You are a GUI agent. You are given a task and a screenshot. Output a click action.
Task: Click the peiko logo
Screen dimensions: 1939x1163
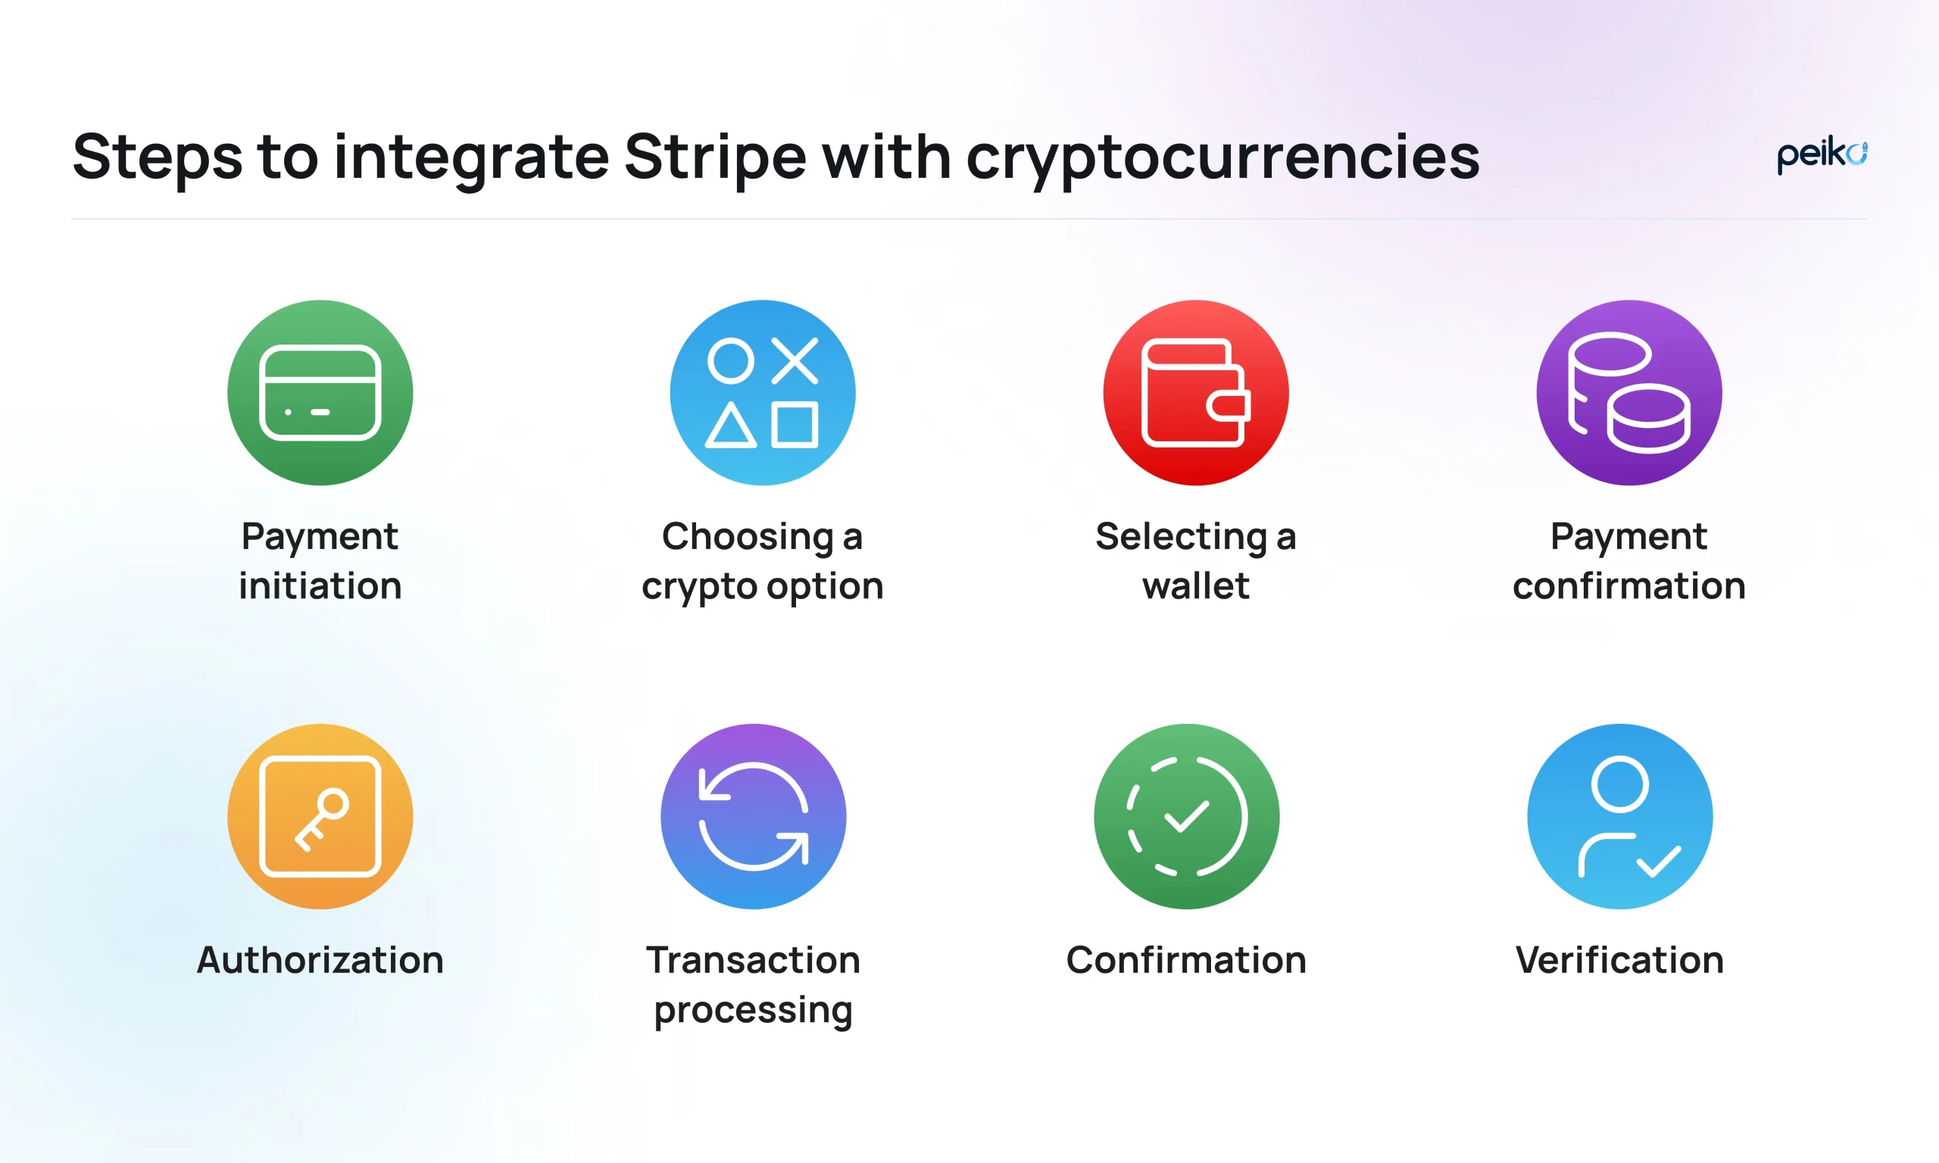tap(1822, 156)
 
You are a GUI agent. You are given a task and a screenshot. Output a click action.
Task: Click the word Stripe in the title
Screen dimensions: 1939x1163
tap(715, 157)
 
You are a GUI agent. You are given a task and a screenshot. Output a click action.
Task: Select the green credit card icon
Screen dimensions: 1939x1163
tap(320, 393)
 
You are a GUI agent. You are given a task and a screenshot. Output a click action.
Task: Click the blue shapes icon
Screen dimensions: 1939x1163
tap(763, 393)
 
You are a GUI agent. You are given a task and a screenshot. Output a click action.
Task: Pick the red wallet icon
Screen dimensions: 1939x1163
tap(1196, 393)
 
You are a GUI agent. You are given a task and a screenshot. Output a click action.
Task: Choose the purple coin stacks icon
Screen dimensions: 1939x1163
tap(1629, 393)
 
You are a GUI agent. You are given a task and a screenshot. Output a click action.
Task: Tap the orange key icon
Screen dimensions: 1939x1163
tap(320, 817)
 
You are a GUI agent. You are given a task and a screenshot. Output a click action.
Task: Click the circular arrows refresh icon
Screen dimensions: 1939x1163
tap(753, 817)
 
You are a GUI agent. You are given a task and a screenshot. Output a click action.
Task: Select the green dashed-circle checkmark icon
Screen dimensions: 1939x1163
tap(1187, 817)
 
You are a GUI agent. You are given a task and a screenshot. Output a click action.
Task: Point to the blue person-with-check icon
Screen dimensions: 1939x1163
tap(1620, 817)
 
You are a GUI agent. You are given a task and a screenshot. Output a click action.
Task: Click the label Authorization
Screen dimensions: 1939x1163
tap(320, 960)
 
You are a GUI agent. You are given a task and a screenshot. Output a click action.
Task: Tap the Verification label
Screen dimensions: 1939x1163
tap(1620, 960)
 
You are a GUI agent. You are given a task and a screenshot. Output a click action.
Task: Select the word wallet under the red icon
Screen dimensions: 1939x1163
tap(1196, 586)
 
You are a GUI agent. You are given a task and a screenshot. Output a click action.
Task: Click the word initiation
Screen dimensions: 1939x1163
tap(320, 586)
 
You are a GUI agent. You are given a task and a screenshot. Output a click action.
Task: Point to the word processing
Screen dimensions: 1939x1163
tap(753, 1011)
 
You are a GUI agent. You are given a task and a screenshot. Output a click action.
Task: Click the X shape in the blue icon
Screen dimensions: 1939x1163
tap(795, 360)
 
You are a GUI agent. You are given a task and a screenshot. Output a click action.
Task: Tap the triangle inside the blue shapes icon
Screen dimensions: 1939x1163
tap(730, 426)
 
